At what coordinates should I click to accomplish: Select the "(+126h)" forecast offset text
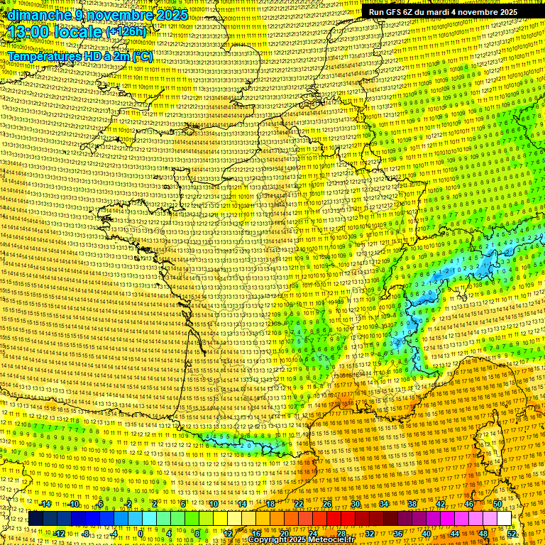(126, 32)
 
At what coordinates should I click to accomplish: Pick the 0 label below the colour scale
(141, 533)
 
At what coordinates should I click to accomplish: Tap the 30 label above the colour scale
(355, 504)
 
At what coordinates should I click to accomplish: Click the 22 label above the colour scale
(298, 504)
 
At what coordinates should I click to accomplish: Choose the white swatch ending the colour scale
(504, 519)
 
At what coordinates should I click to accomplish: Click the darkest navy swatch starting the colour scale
(35, 519)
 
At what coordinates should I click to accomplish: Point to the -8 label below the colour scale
(85, 533)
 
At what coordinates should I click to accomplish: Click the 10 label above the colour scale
(213, 504)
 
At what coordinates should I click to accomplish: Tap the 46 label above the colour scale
(468, 504)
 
